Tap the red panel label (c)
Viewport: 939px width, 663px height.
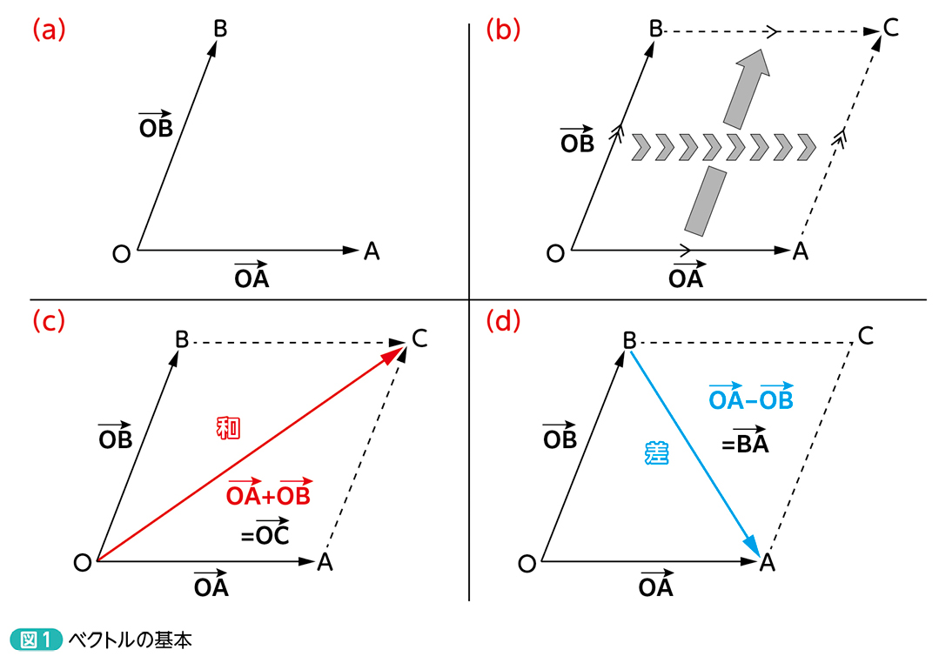click(49, 320)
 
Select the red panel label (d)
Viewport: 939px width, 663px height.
click(502, 320)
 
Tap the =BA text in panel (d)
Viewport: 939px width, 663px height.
click(745, 443)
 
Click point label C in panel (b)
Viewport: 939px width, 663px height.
click(890, 29)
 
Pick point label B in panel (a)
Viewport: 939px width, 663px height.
click(220, 29)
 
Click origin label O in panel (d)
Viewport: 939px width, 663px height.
click(527, 564)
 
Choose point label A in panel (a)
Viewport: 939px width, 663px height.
click(372, 251)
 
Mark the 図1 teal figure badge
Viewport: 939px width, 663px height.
click(36, 640)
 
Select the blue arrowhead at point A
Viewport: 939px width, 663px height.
click(753, 545)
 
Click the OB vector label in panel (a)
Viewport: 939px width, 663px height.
click(156, 126)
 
